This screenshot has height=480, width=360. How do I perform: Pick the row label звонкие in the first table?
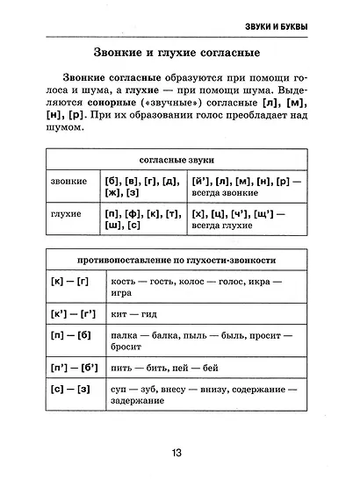(69, 181)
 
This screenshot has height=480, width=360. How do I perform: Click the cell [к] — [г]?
(70, 282)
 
